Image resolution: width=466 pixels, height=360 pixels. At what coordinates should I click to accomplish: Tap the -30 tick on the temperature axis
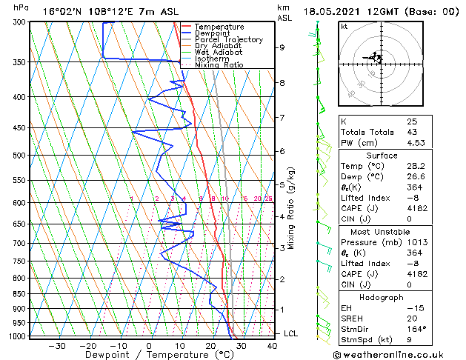pyautogui.click(x=57, y=345)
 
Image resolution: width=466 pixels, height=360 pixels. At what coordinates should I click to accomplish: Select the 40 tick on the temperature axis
pyautogui.click(x=273, y=345)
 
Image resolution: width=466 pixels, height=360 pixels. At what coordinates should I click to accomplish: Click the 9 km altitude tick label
pyautogui.click(x=282, y=47)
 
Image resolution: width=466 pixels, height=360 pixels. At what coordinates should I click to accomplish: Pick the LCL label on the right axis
pyautogui.click(x=291, y=333)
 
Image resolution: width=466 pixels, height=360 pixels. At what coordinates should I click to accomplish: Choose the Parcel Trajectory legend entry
pyautogui.click(x=228, y=40)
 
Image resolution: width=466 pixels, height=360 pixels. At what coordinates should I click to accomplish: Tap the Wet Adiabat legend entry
pyautogui.click(x=219, y=52)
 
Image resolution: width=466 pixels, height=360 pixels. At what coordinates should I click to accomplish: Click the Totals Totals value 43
pyautogui.click(x=412, y=132)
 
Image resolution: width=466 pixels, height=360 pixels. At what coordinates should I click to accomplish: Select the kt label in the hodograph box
pyautogui.click(x=344, y=26)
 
